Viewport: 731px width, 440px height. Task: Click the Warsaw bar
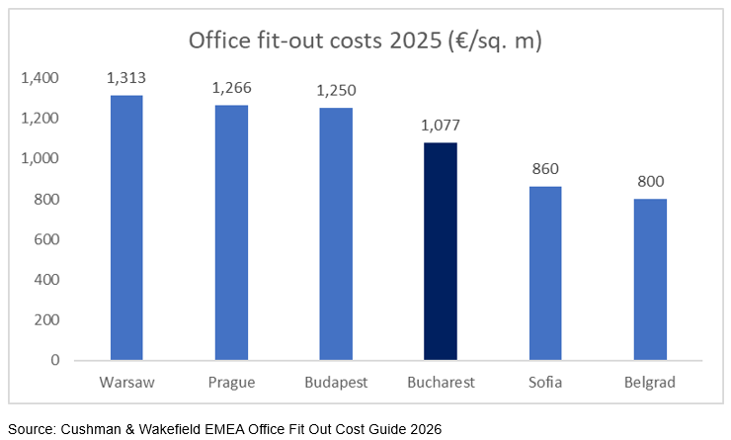pos(126,227)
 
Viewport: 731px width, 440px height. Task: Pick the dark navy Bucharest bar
pos(441,251)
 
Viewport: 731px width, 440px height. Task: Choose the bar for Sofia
pos(545,273)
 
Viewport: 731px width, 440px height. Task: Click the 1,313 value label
pos(126,79)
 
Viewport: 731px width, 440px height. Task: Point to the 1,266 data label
pos(231,89)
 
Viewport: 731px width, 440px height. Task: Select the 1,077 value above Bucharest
pos(441,126)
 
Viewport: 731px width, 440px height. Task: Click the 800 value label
pos(650,182)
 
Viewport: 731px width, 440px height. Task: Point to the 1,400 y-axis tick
pos(41,77)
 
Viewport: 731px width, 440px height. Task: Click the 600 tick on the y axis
pos(46,239)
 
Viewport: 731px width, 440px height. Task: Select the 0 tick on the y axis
pos(55,360)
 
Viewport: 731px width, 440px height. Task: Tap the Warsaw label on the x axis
pos(126,382)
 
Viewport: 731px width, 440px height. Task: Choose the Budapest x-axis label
pos(336,382)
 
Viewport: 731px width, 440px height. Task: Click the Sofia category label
pos(545,382)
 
